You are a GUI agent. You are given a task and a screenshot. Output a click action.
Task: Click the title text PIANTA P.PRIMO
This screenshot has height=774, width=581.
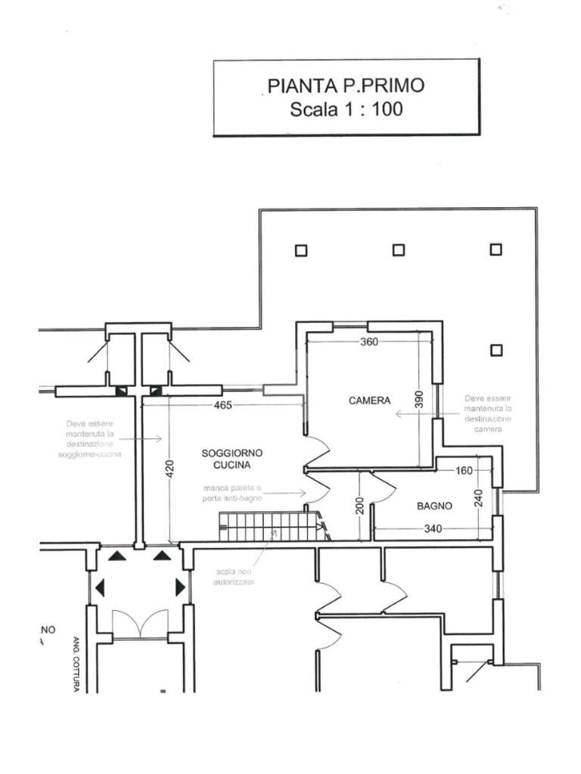pyautogui.click(x=346, y=85)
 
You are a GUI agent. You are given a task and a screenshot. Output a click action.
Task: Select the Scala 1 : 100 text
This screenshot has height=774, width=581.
pyautogui.click(x=346, y=109)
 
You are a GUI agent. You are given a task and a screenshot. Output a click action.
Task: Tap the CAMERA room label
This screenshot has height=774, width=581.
pyautogui.click(x=369, y=401)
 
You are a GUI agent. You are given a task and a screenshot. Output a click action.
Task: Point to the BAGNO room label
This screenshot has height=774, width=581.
pyautogui.click(x=434, y=506)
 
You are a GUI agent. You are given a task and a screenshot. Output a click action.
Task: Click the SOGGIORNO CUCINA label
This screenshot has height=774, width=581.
pyautogui.click(x=232, y=459)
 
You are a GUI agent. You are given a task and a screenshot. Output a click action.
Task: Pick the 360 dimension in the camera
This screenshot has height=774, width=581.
pyautogui.click(x=369, y=342)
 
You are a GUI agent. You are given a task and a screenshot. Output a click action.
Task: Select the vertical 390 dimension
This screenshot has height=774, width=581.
pyautogui.click(x=419, y=400)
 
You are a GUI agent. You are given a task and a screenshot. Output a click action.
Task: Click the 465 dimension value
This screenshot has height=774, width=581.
pyautogui.click(x=223, y=405)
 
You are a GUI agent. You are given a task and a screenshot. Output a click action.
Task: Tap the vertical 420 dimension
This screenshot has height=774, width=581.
pyautogui.click(x=169, y=469)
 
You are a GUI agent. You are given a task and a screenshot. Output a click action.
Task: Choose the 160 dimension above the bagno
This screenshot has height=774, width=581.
pyautogui.click(x=464, y=471)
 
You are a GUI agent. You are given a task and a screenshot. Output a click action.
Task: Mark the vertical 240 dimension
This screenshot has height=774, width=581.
pyautogui.click(x=477, y=500)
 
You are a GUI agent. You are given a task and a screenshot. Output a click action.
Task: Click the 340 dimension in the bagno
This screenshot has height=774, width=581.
pyautogui.click(x=433, y=528)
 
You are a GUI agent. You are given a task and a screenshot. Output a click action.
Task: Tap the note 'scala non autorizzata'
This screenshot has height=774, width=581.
pyautogui.click(x=235, y=577)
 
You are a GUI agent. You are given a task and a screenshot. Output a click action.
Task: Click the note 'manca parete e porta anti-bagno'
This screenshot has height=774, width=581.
pyautogui.click(x=232, y=494)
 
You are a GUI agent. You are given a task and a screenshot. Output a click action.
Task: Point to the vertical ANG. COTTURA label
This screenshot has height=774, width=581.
pyautogui.click(x=76, y=664)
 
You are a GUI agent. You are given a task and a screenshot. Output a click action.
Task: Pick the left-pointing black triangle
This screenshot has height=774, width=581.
pyautogui.click(x=98, y=587)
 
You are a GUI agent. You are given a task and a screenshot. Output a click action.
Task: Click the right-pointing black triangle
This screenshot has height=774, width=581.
pyautogui.click(x=180, y=587)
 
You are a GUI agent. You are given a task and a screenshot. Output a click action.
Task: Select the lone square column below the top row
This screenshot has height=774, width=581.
pyautogui.click(x=496, y=350)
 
